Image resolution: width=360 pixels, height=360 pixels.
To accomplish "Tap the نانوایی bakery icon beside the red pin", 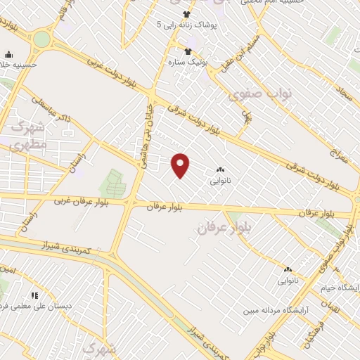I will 220,170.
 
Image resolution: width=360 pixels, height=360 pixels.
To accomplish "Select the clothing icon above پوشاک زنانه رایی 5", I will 186,14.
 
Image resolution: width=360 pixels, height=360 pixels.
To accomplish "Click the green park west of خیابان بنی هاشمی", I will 110,184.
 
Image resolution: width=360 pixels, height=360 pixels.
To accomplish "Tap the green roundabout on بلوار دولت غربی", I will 42,39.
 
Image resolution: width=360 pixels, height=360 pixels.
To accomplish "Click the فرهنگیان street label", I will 310,330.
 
